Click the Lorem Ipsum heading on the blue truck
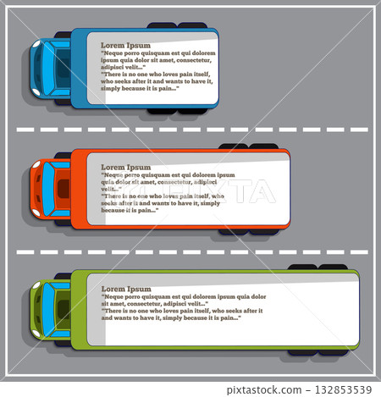point(125,45)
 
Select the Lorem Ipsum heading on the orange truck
point(125,168)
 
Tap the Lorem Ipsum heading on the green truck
point(125,289)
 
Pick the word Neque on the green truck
point(114,297)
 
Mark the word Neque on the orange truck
point(114,175)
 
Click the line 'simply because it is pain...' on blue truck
point(139,87)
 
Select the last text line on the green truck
point(170,317)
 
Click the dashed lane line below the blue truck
point(190,130)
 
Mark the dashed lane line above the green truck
point(190,251)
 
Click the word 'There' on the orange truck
point(113,196)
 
